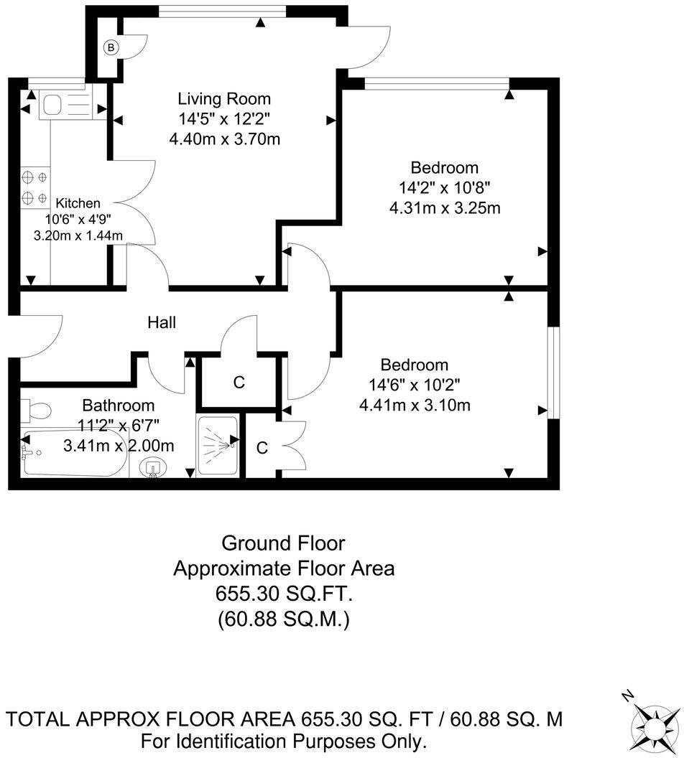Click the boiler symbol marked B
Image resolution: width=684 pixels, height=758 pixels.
[111, 48]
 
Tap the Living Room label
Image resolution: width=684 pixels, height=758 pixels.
[224, 99]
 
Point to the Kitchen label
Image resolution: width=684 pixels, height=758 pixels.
[78, 203]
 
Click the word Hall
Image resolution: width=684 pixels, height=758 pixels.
[162, 323]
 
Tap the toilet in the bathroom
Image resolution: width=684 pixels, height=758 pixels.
[36, 411]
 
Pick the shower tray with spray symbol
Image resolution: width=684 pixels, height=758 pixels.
[216, 445]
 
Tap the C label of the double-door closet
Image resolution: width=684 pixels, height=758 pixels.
[262, 449]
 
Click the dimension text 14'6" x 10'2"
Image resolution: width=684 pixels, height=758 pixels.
[415, 385]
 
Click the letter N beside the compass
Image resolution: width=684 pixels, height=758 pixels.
[627, 696]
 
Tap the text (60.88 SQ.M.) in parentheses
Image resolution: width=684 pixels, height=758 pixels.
[284, 619]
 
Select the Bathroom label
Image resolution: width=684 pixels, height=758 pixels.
[118, 406]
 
